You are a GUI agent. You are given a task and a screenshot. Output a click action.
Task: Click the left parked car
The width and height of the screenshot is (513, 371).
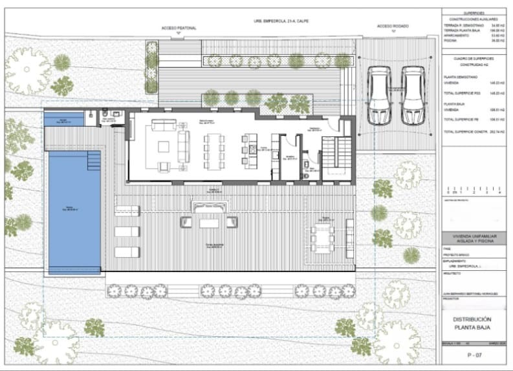379,96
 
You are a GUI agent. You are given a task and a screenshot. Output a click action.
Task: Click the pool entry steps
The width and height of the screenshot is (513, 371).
94,160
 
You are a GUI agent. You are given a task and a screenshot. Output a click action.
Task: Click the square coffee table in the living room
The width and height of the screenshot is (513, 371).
162,145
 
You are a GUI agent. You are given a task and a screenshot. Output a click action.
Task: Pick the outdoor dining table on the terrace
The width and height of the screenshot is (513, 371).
322,237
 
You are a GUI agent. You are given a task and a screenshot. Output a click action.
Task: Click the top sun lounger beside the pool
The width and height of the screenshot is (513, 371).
127,211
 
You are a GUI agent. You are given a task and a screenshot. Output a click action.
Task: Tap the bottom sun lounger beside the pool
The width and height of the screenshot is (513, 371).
127,251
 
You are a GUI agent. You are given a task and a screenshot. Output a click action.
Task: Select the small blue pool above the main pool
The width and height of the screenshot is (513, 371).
64,120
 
